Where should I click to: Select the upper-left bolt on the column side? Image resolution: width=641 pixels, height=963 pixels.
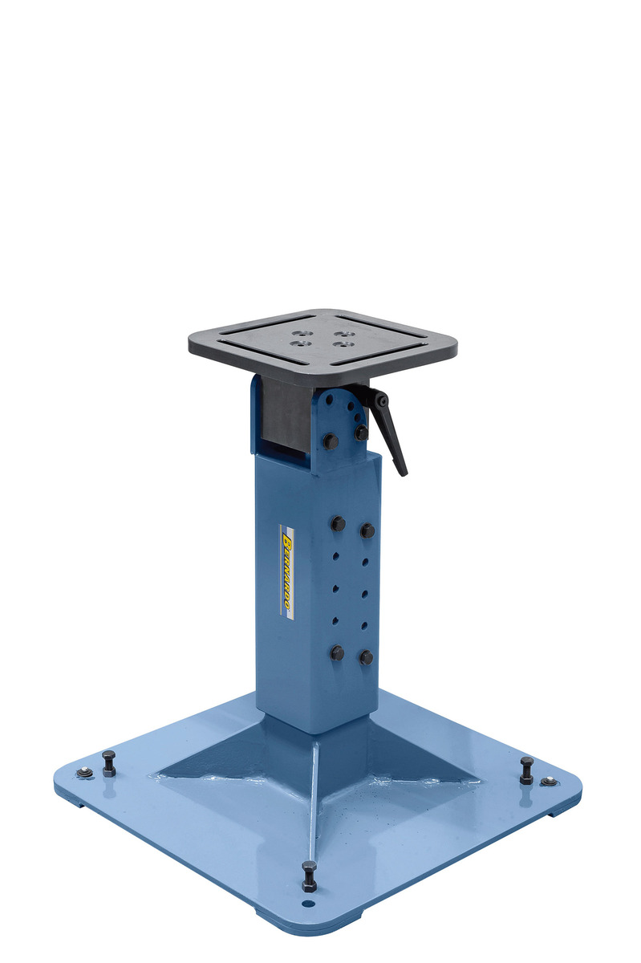(x=339, y=523)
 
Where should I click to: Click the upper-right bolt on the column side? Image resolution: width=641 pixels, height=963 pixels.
(x=367, y=530)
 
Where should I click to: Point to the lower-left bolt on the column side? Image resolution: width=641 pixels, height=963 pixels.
(x=337, y=653)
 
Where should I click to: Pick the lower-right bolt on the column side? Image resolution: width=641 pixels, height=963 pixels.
(x=367, y=658)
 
